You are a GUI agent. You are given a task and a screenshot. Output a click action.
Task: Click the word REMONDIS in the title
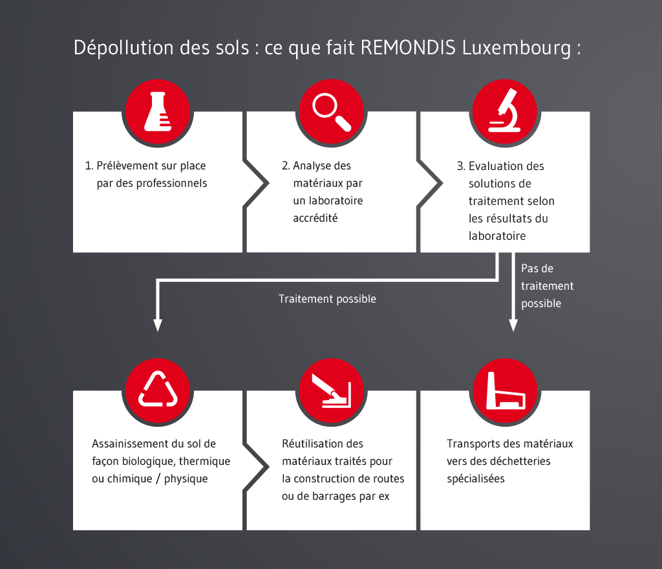(408, 47)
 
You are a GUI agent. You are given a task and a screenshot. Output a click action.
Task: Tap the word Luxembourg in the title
(517, 48)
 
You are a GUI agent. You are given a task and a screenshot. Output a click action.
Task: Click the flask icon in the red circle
(158, 111)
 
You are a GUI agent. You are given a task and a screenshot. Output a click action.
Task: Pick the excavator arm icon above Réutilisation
(332, 391)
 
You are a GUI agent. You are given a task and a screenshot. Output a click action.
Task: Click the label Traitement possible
(327, 299)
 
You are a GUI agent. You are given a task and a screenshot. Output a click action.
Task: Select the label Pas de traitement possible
(547, 286)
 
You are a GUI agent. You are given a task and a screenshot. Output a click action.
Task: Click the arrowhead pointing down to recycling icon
(158, 325)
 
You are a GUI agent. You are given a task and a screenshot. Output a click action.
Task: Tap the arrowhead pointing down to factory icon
(513, 325)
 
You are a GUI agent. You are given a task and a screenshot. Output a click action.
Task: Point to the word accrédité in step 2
(315, 218)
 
